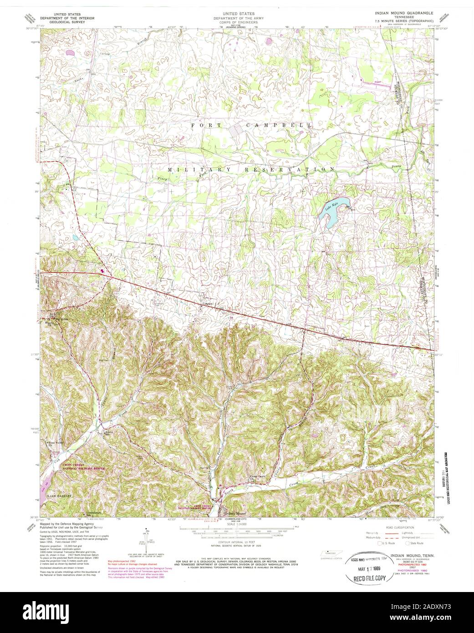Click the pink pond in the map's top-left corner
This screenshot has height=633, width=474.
(x=70, y=53)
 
